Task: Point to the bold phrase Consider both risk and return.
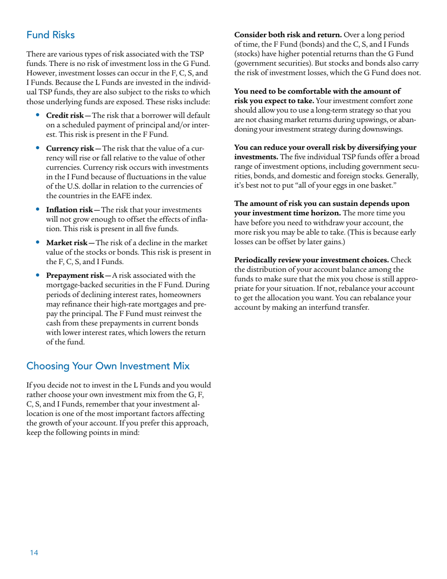click(x=288, y=35)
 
